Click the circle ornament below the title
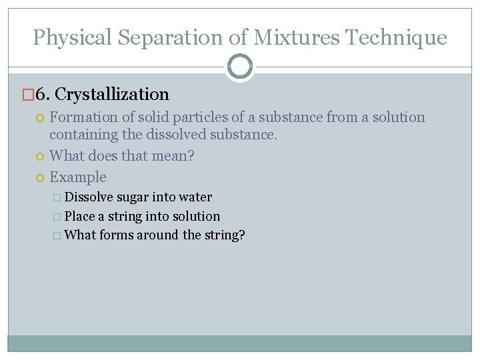pyautogui.click(x=240, y=66)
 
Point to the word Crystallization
pyautogui.click(x=112, y=95)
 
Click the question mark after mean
pyautogui.click(x=191, y=156)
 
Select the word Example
pyautogui.click(x=78, y=177)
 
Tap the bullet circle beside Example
pyautogui.click(x=40, y=177)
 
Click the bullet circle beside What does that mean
pyautogui.click(x=40, y=157)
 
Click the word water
pyautogui.click(x=195, y=197)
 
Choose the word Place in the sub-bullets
pyautogui.click(x=80, y=216)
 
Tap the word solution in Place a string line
pyautogui.click(x=195, y=216)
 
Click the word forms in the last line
pyautogui.click(x=116, y=235)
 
